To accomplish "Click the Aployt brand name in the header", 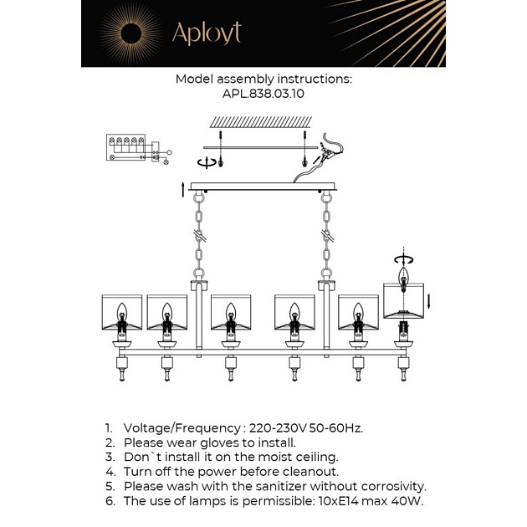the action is (207, 33).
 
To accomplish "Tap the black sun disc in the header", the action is (131, 33).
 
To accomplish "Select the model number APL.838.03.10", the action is (263, 94).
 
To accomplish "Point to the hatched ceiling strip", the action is (261, 122).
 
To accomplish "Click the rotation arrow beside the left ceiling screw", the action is (206, 162).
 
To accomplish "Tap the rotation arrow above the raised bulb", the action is (403, 259).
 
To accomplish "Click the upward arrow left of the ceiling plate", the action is (183, 190).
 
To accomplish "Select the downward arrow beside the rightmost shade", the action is (429, 301).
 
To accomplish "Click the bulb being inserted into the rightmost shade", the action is (403, 279).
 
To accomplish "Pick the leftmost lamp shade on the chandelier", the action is (121, 312).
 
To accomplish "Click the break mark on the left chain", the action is (200, 236).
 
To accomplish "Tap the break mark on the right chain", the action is (327, 236).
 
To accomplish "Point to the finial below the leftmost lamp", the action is (122, 375).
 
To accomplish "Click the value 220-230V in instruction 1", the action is (278, 427).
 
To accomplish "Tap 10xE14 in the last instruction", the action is (339, 501).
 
